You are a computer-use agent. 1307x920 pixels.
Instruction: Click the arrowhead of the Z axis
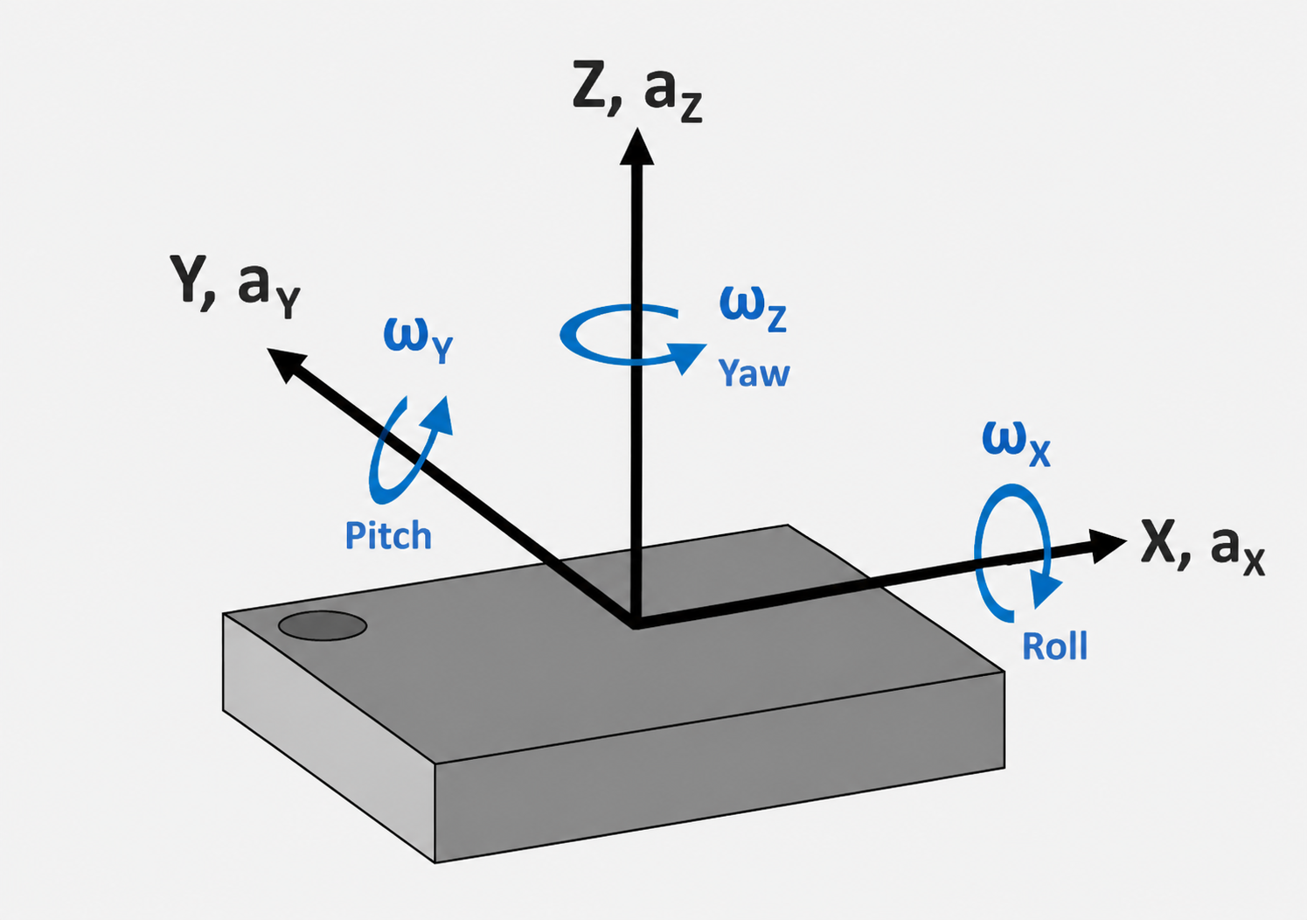click(636, 147)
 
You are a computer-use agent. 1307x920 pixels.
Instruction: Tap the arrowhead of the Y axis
click(285, 363)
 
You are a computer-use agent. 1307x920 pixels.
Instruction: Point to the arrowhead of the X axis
click(1107, 545)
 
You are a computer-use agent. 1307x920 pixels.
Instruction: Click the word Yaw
click(754, 373)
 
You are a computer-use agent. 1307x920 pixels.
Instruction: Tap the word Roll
click(1055, 646)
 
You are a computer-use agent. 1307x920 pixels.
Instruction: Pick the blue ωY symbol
click(418, 341)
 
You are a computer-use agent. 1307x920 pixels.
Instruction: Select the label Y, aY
click(235, 286)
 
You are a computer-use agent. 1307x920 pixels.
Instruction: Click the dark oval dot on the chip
click(322, 626)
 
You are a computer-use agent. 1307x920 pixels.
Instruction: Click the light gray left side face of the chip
click(329, 736)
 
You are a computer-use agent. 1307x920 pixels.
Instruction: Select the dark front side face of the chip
click(720, 766)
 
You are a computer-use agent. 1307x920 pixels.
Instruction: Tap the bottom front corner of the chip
click(435, 862)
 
